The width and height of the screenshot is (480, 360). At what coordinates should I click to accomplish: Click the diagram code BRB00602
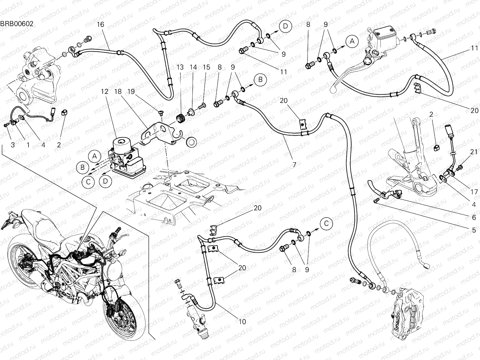pos(17,24)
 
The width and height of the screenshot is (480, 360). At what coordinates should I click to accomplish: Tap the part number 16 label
pos(101,25)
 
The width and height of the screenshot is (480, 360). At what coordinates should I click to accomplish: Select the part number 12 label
pos(104,92)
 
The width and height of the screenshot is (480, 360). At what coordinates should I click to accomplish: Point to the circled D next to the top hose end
pos(285,26)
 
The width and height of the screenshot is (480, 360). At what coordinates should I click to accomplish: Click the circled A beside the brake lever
pos(352,41)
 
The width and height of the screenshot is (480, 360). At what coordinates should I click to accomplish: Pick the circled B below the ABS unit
pos(82,167)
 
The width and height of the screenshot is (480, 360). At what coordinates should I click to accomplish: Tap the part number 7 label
pos(294,164)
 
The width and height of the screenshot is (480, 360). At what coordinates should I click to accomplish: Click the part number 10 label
pos(242,322)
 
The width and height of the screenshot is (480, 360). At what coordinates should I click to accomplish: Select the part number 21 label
pos(474,152)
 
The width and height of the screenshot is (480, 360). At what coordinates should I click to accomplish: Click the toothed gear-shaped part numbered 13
pos(180,118)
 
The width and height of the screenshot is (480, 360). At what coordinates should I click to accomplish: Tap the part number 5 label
pos(474,230)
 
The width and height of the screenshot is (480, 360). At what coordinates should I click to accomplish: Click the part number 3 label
pos(13,145)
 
